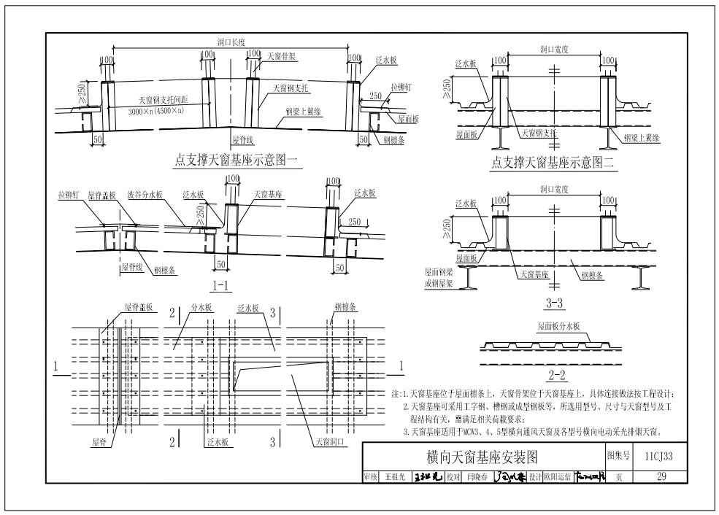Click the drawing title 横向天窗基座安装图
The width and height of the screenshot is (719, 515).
tap(482, 457)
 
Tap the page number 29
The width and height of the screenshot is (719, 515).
tap(662, 477)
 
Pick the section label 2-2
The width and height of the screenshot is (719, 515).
tap(557, 376)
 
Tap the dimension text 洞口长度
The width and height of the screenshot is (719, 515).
tap(231, 42)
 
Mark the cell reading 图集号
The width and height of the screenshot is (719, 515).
tap(618, 455)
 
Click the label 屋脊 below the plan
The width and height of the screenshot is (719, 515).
tap(101, 442)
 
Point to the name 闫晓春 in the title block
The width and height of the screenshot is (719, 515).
tap(479, 478)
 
